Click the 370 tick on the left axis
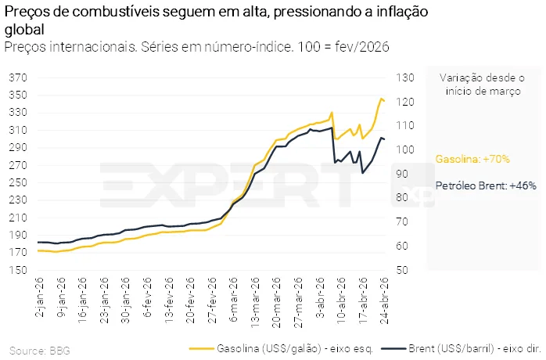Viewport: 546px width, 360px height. click(x=17, y=77)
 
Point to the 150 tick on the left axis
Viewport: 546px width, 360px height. click(x=17, y=270)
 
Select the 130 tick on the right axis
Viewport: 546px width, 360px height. click(x=403, y=77)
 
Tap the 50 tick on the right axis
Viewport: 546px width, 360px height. click(x=401, y=270)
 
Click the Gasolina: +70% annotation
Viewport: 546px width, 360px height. click(x=472, y=159)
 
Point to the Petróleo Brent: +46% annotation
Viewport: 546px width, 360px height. click(x=474, y=186)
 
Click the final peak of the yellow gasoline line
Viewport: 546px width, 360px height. click(x=381, y=99)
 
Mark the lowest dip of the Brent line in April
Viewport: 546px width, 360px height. click(x=362, y=172)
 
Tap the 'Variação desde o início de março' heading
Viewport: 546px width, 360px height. click(x=482, y=84)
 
